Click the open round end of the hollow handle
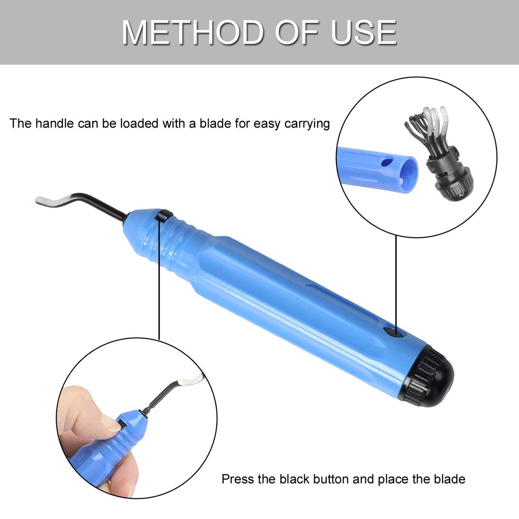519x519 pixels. click(x=408, y=173)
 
